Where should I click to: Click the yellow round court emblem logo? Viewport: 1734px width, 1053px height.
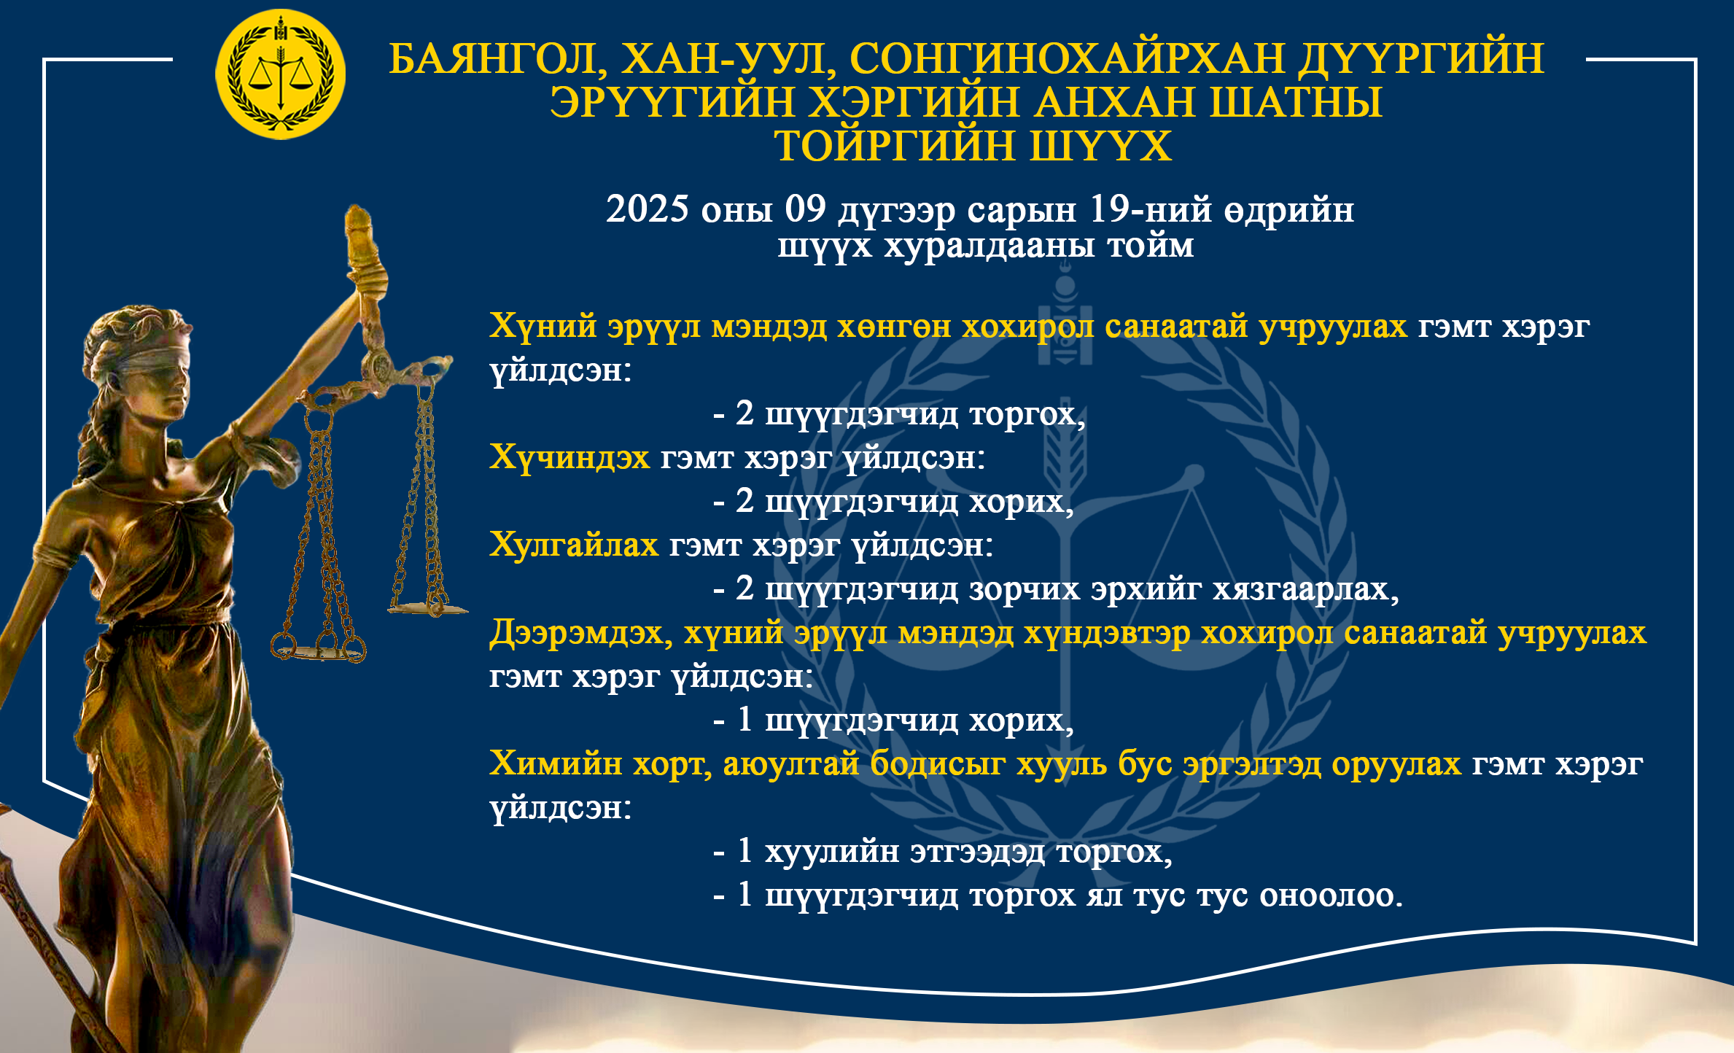280,74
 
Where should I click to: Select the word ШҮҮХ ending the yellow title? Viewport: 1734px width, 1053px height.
1100,145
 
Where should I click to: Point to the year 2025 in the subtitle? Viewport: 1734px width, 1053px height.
648,209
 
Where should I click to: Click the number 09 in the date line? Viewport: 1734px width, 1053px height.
806,209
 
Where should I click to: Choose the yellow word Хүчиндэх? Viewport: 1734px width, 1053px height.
569,458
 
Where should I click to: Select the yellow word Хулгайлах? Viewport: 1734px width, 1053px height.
574,545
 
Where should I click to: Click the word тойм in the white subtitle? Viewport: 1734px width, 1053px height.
1151,246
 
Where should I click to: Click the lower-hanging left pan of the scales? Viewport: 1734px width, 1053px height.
319,650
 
